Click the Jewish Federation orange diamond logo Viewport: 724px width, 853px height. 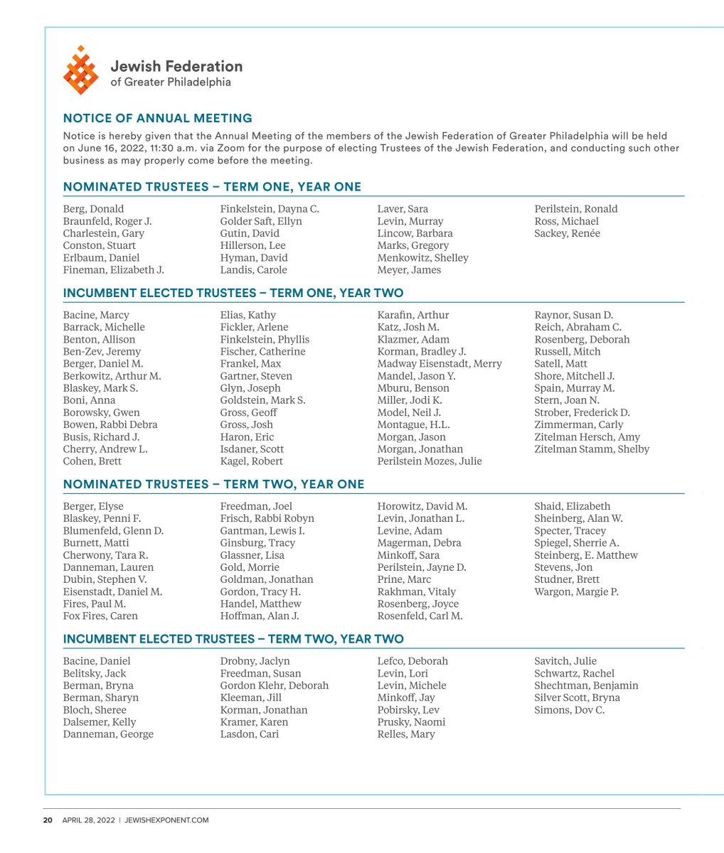(x=80, y=70)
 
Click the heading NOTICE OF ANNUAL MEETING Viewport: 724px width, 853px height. (x=157, y=118)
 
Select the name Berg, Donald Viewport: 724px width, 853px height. (x=93, y=209)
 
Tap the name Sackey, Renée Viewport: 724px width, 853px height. (x=567, y=233)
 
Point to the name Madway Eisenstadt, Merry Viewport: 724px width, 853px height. (x=439, y=364)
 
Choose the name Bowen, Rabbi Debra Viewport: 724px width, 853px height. (x=110, y=424)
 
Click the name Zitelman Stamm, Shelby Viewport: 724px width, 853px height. (x=592, y=449)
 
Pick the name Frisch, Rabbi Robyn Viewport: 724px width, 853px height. (x=267, y=518)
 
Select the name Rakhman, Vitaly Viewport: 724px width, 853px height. (x=416, y=591)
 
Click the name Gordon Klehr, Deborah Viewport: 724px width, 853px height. (x=274, y=685)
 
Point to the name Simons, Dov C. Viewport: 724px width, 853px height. (x=569, y=710)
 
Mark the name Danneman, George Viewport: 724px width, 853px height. (x=108, y=734)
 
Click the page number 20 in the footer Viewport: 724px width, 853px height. (x=48, y=820)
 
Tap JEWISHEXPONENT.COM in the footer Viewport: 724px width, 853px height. (x=166, y=820)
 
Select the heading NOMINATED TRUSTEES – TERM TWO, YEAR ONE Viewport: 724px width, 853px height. (x=213, y=484)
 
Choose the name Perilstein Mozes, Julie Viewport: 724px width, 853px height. (x=429, y=461)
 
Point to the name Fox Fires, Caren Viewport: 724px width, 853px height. (x=100, y=616)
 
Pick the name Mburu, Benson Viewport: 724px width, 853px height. (x=412, y=388)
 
